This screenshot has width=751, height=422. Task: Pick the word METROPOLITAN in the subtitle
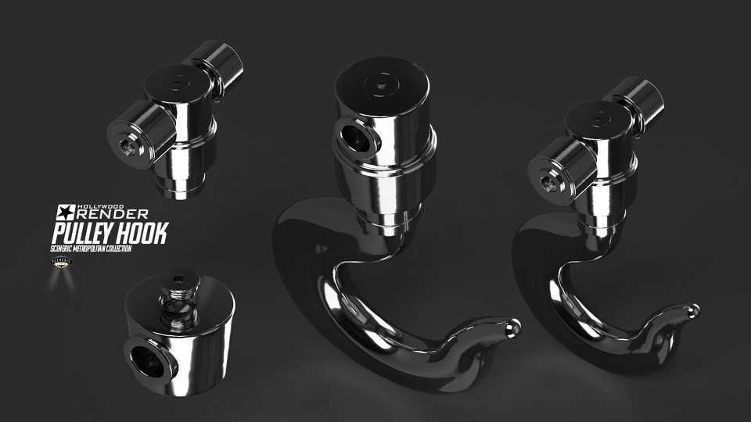tap(102, 248)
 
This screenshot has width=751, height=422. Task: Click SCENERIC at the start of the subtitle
tap(64, 248)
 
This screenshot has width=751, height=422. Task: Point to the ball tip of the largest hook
tap(512, 326)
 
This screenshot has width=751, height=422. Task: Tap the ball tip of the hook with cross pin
tap(692, 310)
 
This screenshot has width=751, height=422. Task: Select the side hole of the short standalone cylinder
tap(147, 359)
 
